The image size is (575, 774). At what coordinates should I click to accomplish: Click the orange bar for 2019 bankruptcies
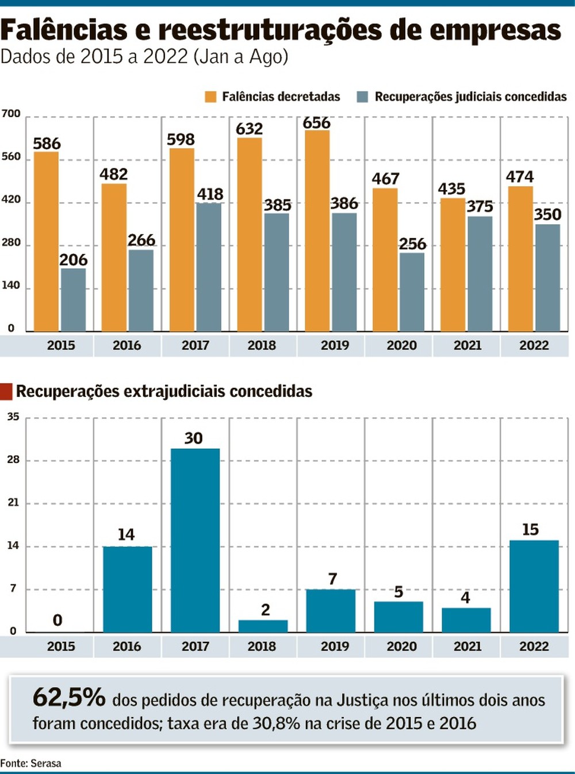317,230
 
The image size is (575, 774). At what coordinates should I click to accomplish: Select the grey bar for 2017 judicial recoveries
209,267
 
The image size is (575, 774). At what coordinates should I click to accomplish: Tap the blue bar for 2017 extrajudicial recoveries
195,540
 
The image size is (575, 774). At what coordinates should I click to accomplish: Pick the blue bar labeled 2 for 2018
263,626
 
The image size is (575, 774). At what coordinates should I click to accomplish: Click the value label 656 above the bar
317,123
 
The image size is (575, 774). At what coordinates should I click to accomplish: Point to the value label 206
73,260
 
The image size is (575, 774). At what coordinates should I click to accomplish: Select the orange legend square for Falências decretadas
210,97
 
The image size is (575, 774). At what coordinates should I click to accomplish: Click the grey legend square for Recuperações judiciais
362,97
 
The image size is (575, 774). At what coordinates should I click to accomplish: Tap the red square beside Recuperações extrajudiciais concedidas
6,391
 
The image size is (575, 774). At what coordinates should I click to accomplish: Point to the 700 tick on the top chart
10,114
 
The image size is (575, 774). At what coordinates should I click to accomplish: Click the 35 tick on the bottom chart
13,417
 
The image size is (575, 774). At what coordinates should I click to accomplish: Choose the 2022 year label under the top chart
534,345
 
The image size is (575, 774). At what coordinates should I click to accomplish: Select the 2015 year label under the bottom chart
61,646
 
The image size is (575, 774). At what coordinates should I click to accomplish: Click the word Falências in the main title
64,30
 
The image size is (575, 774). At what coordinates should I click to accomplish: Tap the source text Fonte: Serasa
30,763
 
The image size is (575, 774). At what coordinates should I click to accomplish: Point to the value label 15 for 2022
530,529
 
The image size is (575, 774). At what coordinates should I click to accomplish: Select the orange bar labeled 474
520,259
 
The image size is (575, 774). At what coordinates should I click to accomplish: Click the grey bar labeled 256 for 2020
412,292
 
